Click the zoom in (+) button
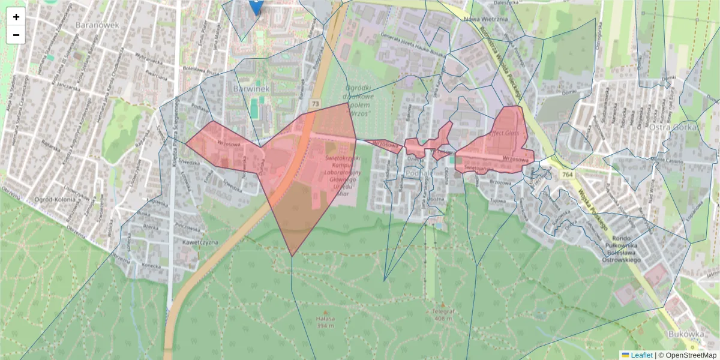tap(16, 17)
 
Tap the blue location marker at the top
tap(256, 6)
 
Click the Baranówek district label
tap(98, 25)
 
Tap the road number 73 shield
tap(315, 104)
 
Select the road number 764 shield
tap(567, 174)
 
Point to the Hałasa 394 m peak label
tap(326, 322)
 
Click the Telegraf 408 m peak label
tap(443, 315)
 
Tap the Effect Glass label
tap(506, 133)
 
